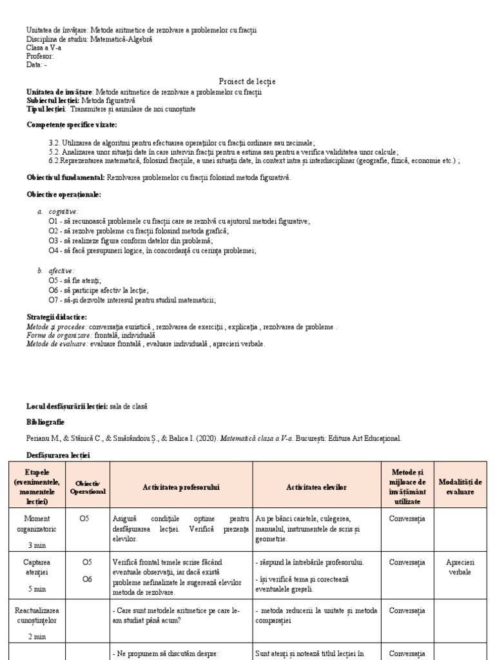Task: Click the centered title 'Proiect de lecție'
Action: (247, 81)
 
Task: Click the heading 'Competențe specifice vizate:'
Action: (72, 124)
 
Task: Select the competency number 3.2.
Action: (54, 142)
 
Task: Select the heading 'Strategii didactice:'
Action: (57, 317)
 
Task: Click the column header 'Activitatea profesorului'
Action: (181, 487)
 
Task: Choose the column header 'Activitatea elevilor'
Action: (316, 487)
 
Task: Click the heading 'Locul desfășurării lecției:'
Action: (68, 406)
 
